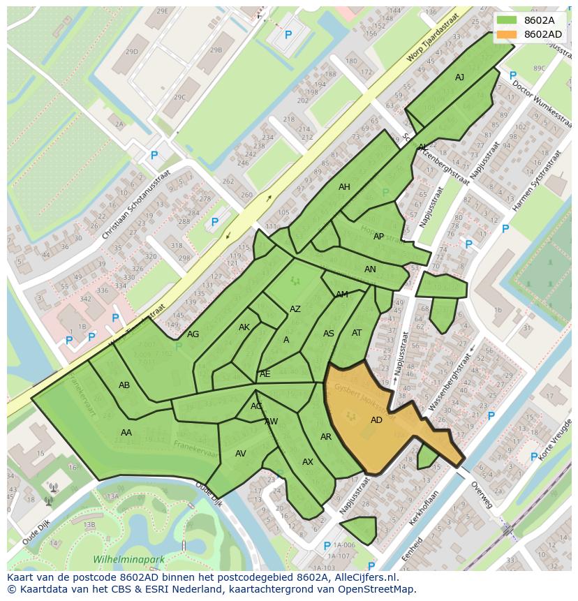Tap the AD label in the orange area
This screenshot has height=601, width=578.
376,420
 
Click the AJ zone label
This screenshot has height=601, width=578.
459,77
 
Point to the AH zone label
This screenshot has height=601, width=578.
344,187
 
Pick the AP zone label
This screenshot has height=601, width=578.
378,237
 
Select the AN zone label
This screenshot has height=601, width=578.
370,269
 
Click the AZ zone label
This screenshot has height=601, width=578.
295,309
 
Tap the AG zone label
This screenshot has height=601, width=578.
193,334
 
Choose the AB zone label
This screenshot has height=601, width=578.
124,385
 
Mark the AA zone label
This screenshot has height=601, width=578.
126,433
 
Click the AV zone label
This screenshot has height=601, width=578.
241,454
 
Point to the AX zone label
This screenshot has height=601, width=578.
308,462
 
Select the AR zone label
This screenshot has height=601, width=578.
326,437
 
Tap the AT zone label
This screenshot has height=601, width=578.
357,333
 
